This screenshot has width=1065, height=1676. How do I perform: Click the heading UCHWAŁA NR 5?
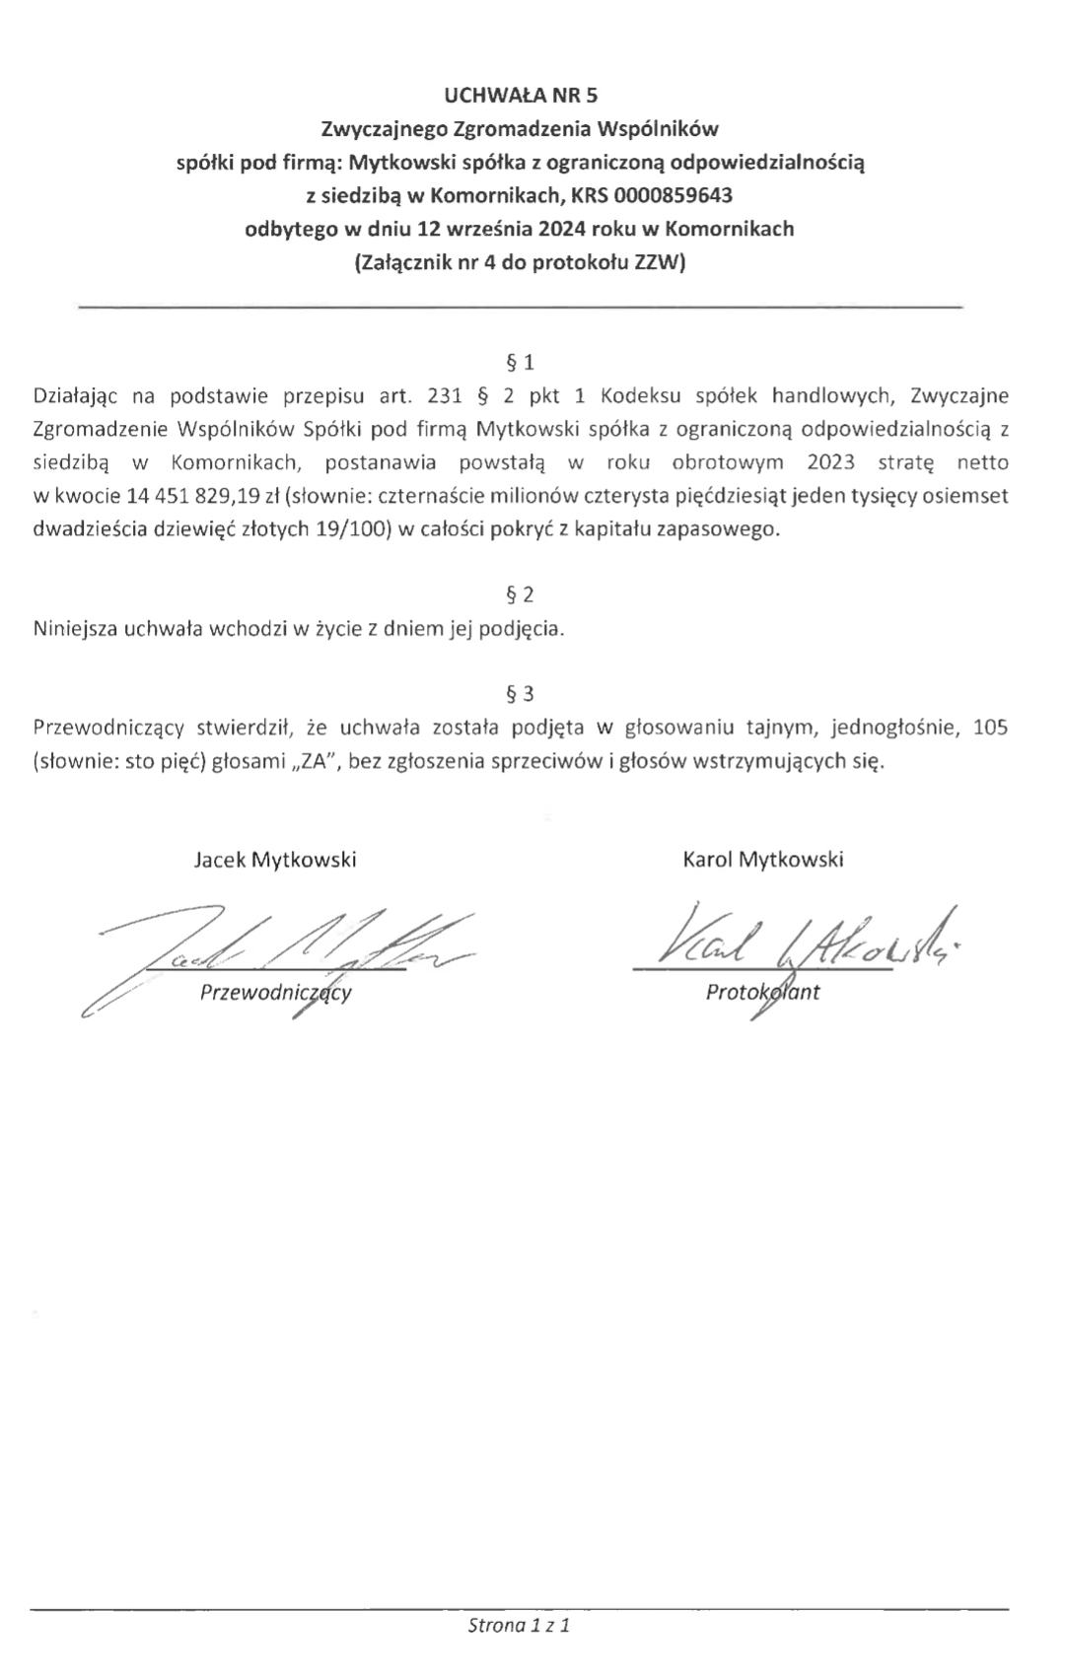click(x=521, y=96)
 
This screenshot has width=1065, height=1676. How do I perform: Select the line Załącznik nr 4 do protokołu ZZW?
click(x=520, y=263)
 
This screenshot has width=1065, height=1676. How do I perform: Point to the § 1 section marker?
click(x=520, y=363)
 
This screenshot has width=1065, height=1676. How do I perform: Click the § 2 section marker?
click(x=520, y=594)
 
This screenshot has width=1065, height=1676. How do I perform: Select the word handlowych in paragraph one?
click(x=826, y=396)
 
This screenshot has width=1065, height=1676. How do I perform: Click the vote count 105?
click(x=989, y=729)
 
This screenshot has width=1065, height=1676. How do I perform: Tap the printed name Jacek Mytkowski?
click(x=275, y=860)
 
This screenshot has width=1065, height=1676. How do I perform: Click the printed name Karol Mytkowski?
click(x=762, y=860)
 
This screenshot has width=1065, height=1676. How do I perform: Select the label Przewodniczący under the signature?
click(x=276, y=993)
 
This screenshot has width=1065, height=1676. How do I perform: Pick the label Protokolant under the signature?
click(x=762, y=993)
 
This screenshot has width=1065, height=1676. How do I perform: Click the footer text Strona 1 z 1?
click(x=520, y=1625)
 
